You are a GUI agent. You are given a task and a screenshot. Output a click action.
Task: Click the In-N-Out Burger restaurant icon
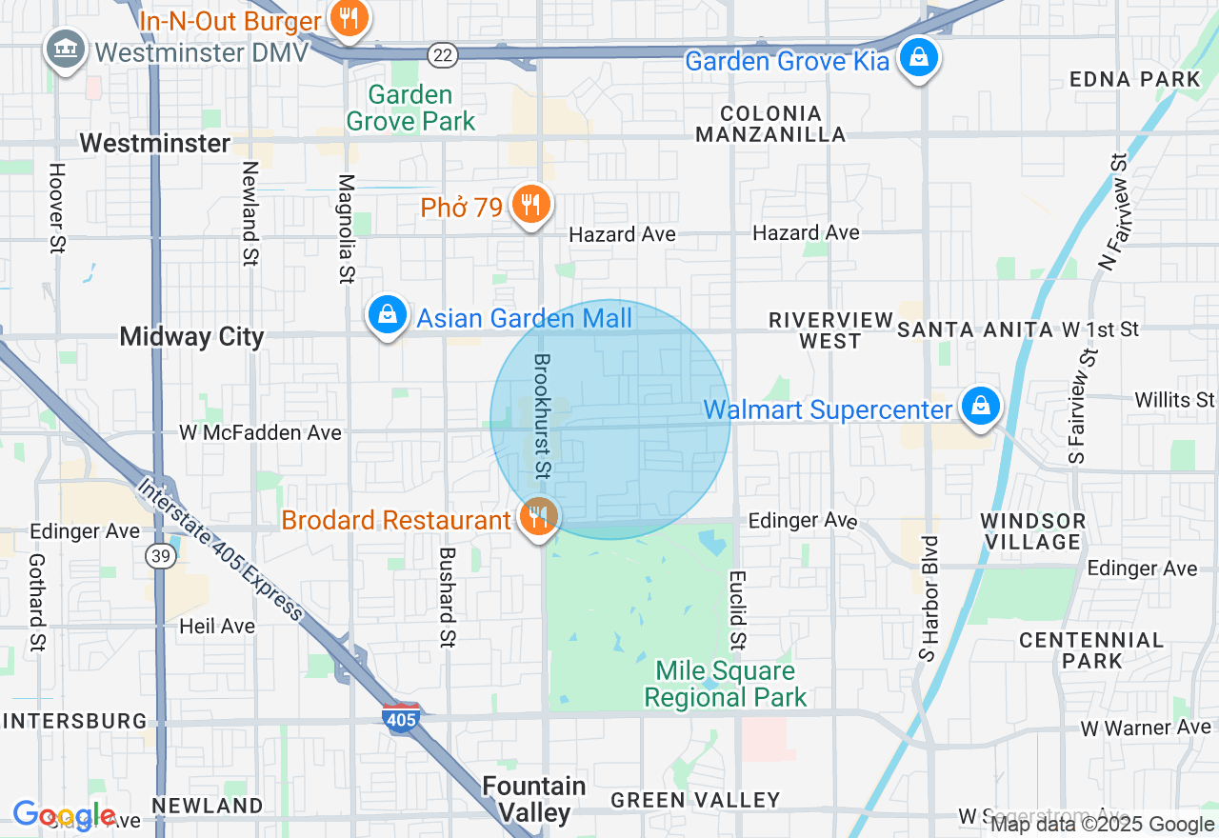[350, 20]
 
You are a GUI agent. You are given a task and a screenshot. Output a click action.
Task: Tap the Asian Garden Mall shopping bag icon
[387, 315]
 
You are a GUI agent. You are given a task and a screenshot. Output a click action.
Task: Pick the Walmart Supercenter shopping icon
[979, 408]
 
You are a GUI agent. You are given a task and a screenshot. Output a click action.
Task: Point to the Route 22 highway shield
[441, 54]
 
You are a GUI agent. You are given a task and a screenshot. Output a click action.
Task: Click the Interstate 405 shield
[400, 718]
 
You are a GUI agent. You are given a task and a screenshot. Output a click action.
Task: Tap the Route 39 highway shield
[158, 555]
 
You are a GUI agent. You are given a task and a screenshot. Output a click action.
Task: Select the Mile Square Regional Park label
[725, 685]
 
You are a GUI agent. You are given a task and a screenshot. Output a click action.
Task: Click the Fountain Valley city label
[534, 799]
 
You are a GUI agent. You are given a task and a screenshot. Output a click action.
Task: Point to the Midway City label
[191, 336]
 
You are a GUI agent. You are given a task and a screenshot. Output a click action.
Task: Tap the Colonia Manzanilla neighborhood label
[770, 124]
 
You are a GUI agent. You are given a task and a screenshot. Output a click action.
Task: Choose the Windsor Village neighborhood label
[1032, 531]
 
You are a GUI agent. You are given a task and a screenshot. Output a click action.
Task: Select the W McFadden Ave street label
[260, 432]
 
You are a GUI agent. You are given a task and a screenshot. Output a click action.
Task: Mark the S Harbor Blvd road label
[929, 598]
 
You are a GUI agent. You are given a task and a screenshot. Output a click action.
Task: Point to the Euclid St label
[736, 609]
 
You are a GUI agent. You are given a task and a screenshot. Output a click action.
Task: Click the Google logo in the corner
[65, 815]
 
